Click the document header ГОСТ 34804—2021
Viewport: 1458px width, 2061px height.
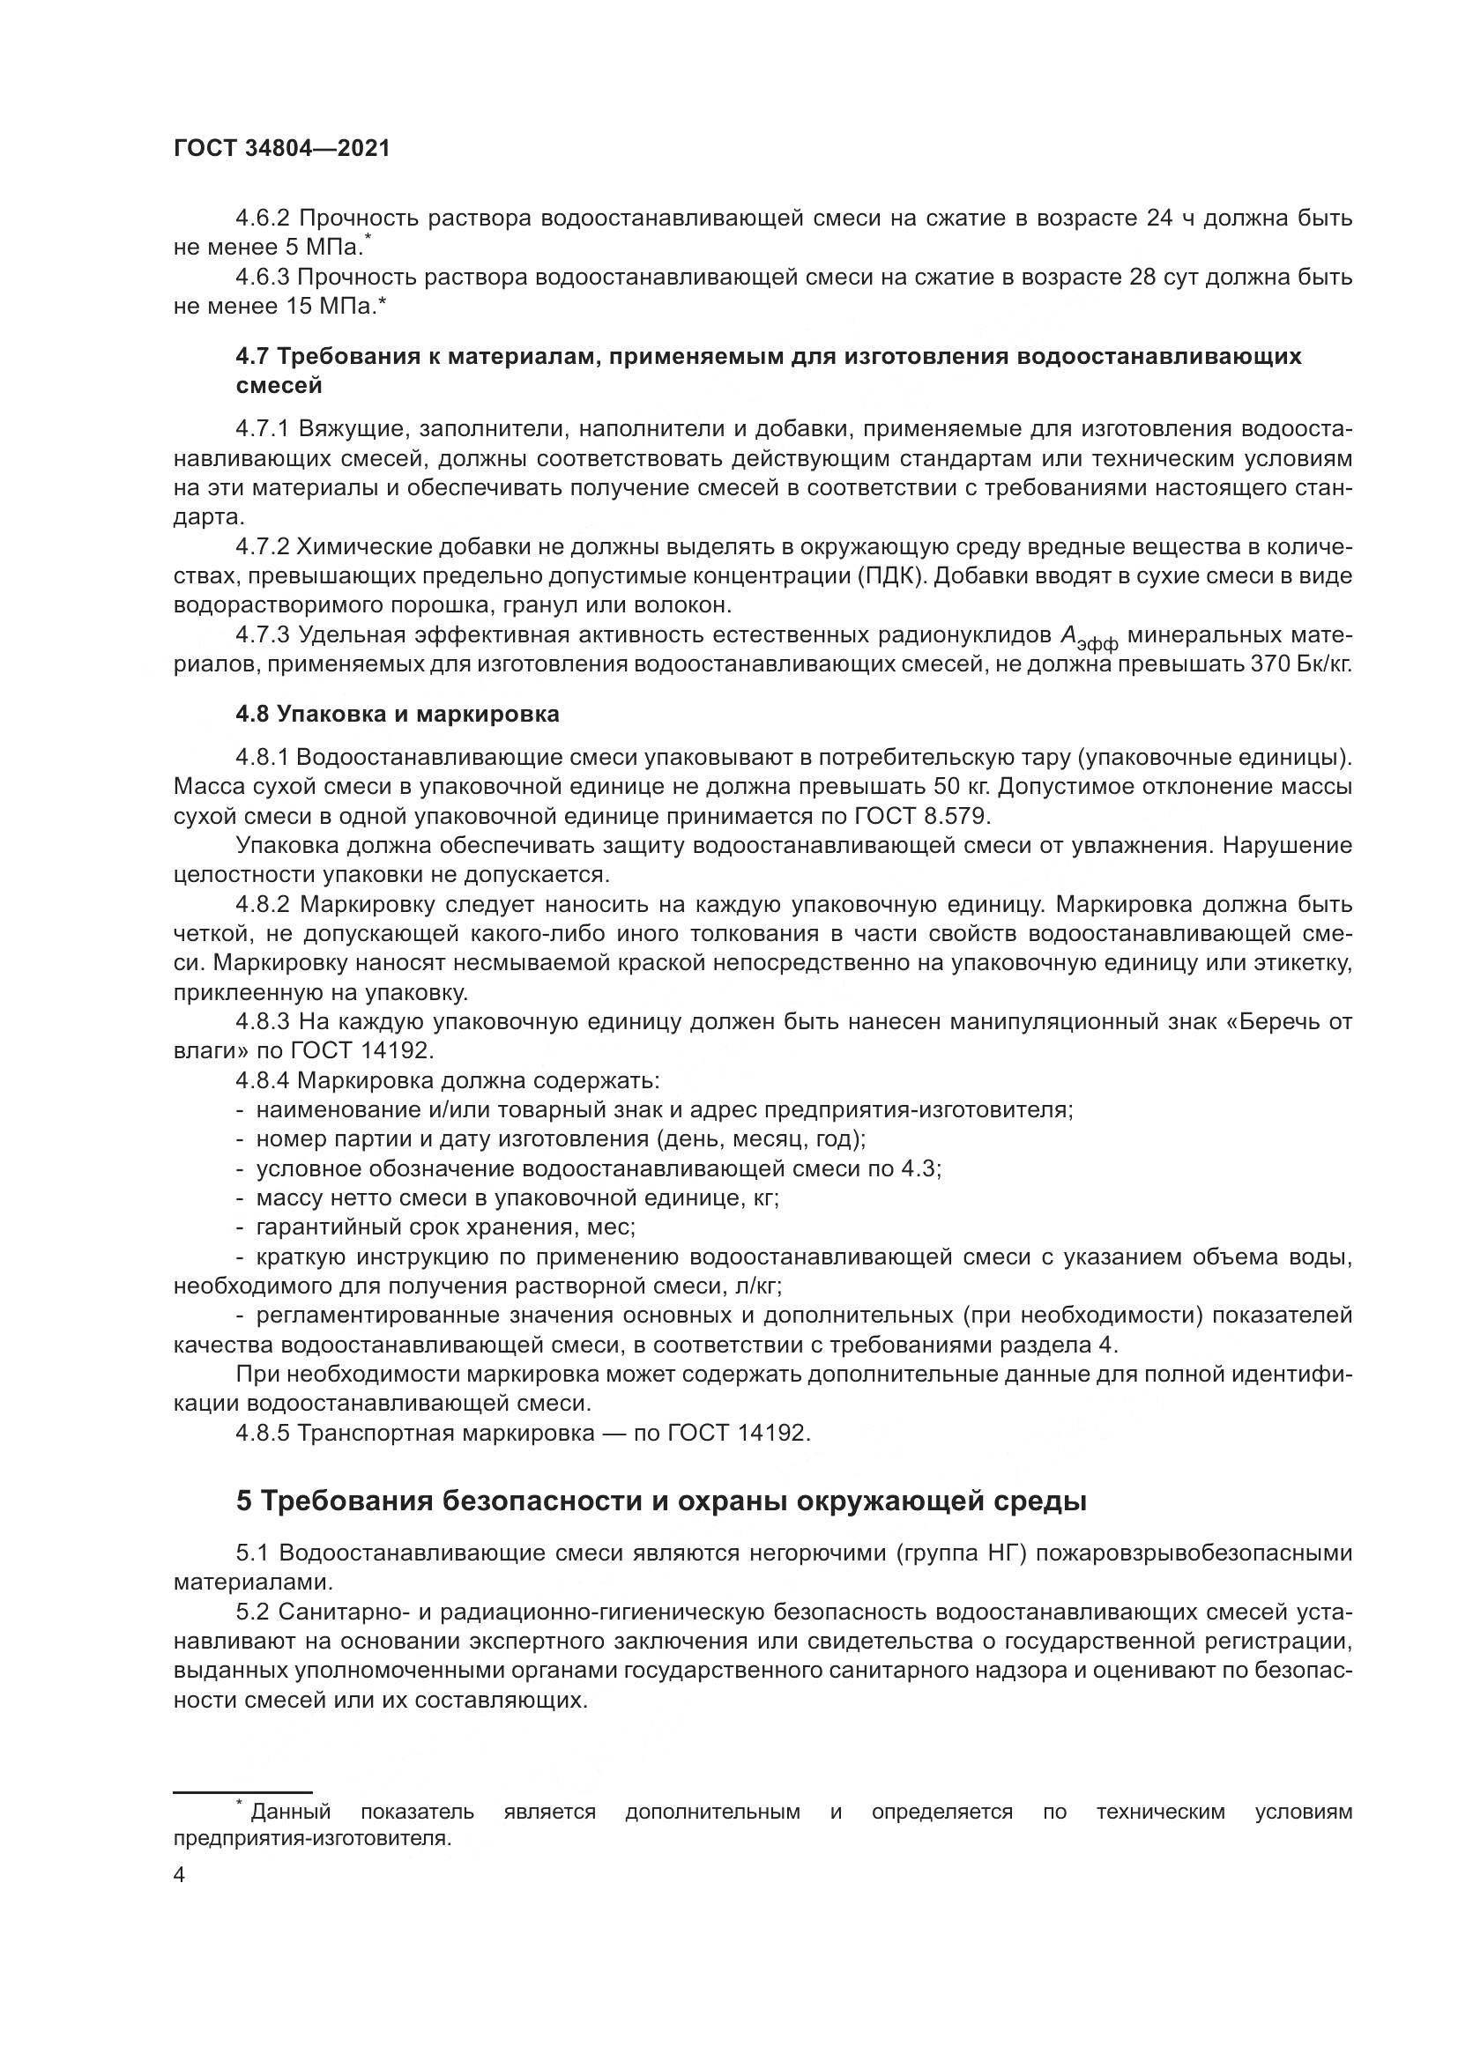point(282,149)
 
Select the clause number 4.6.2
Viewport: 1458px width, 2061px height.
point(261,219)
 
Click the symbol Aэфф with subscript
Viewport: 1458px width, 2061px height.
point(1088,638)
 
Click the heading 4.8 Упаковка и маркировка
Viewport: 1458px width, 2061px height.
point(397,715)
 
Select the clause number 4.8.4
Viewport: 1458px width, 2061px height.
point(261,1081)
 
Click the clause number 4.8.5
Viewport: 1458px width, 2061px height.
point(261,1434)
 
